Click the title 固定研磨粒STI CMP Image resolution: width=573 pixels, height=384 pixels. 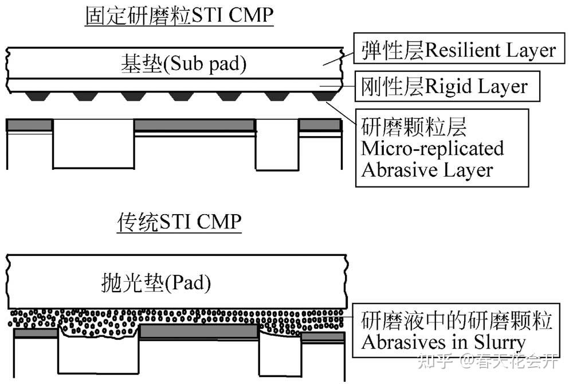[178, 16]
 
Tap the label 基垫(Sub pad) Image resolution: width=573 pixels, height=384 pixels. [183, 64]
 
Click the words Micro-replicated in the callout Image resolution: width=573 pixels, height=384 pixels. [432, 148]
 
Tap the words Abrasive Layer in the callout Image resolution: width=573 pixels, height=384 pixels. [426, 170]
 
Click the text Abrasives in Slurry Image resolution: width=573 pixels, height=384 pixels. [442, 342]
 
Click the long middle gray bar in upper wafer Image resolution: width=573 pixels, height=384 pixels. [194, 125]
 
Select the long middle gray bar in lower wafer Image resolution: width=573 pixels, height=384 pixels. [198, 331]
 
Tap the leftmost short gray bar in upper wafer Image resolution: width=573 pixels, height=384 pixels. [29, 125]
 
